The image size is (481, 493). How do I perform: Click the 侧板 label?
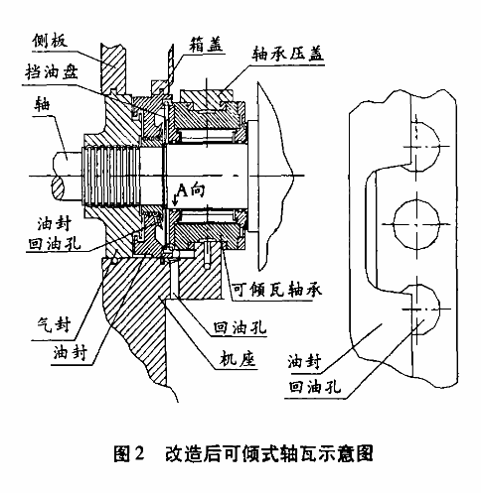(50, 41)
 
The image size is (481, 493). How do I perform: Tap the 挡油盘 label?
(52, 72)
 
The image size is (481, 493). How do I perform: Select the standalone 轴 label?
(42, 104)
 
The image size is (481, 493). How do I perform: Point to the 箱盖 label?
(206, 45)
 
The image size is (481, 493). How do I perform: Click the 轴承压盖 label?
(287, 54)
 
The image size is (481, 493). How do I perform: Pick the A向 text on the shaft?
(192, 190)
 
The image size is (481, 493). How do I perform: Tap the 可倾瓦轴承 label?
(276, 290)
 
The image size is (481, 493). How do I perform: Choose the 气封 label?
(54, 324)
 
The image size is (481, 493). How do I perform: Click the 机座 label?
(238, 359)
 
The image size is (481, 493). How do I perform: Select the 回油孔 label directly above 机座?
(240, 327)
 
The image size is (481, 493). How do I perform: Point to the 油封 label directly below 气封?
(71, 352)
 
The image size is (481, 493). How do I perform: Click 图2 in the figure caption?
(129, 453)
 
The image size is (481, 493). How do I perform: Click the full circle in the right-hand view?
(416, 224)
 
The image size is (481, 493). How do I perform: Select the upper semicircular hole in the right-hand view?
(426, 146)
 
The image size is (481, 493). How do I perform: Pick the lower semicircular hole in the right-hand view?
(426, 308)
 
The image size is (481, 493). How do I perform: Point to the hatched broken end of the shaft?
(60, 188)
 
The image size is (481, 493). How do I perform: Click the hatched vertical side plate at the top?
(113, 67)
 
